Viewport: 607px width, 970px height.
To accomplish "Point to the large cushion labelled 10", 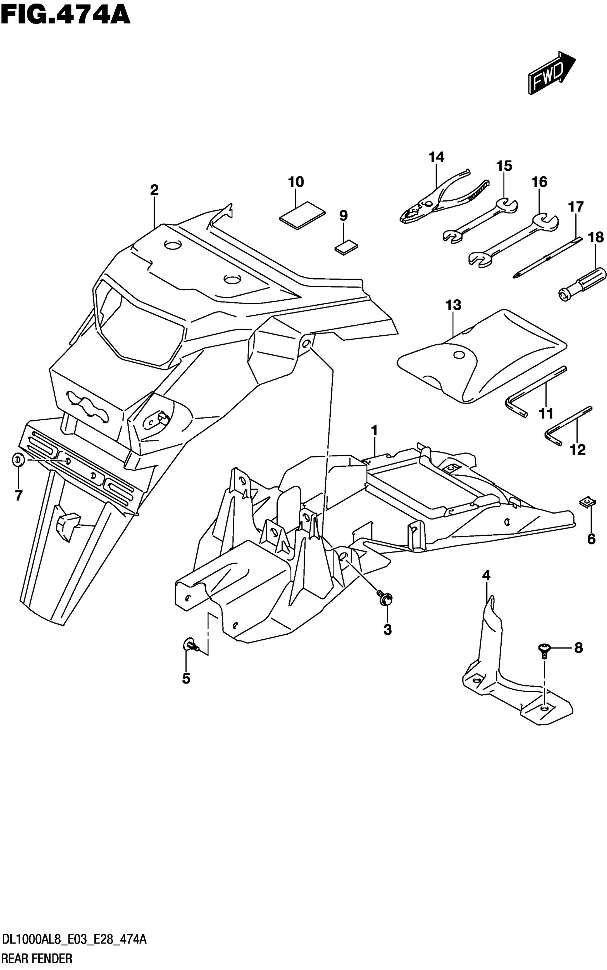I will coord(302,214).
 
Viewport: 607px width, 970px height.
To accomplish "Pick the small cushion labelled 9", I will coord(346,248).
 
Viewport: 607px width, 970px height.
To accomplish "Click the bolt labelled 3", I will coord(385,598).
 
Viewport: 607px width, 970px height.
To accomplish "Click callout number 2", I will coord(154,190).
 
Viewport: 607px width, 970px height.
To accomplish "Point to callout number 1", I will coord(374,431).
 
